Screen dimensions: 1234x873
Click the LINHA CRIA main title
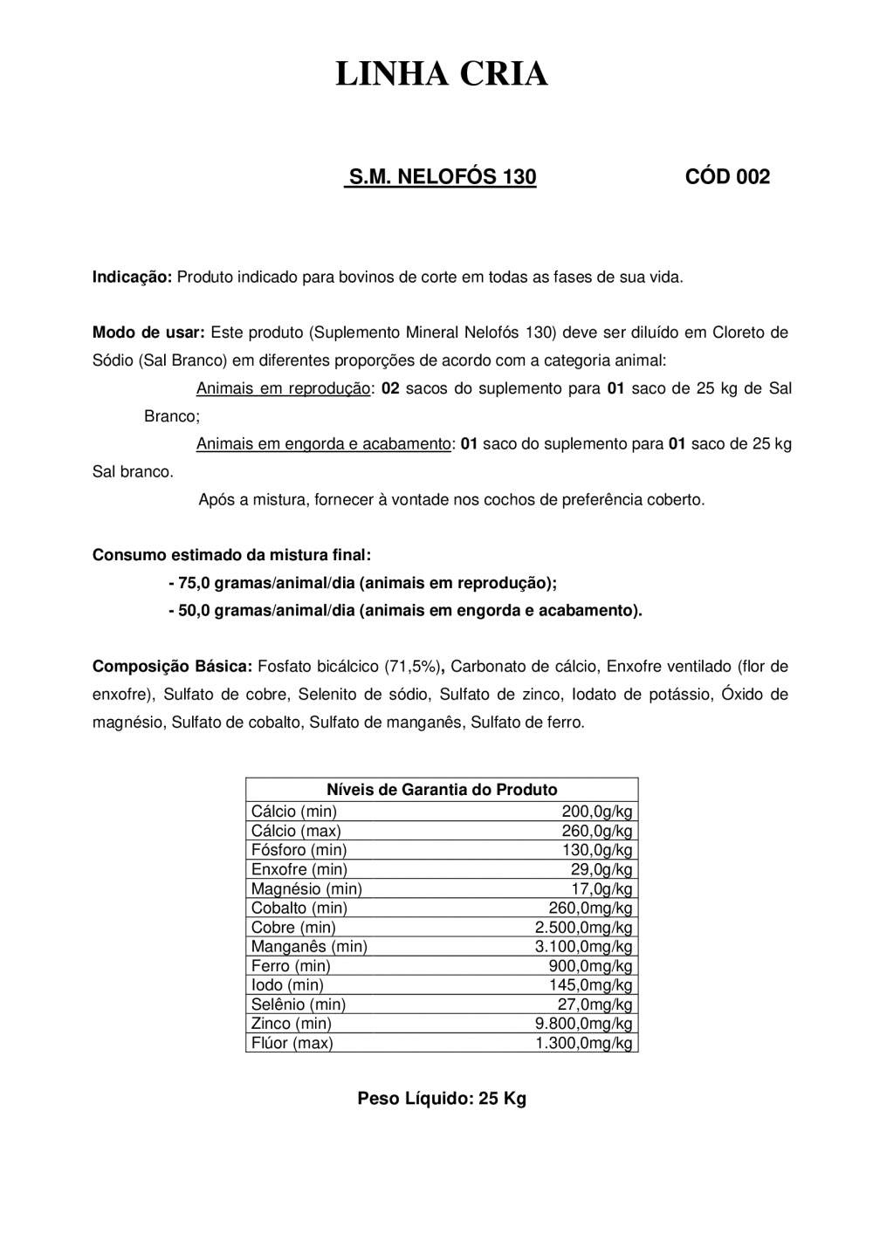[442, 75]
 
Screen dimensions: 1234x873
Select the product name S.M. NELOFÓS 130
[442, 177]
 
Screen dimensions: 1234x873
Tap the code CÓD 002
[727, 177]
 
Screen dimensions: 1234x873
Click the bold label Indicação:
[133, 278]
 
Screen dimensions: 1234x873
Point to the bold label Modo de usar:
[148, 332]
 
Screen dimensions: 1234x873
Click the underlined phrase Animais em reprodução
[283, 388]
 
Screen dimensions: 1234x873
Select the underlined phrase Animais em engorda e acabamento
[323, 443]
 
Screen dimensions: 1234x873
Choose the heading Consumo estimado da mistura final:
[231, 555]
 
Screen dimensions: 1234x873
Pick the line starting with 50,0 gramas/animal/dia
[405, 611]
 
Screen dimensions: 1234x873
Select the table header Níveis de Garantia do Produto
[442, 790]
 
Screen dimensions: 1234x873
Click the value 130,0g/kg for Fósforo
[597, 850]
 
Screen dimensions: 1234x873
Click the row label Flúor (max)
[292, 1043]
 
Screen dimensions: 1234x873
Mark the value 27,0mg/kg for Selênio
[595, 1004]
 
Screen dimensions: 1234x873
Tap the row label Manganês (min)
[309, 946]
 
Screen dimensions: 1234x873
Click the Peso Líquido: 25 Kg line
[442, 1099]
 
